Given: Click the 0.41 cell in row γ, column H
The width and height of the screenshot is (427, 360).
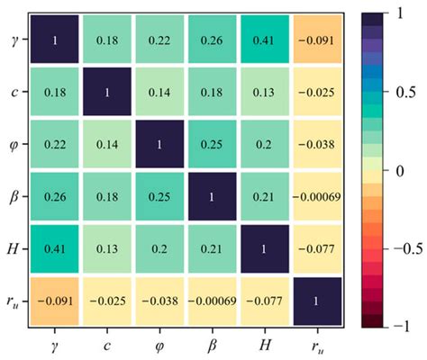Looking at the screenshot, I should click(x=268, y=40).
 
